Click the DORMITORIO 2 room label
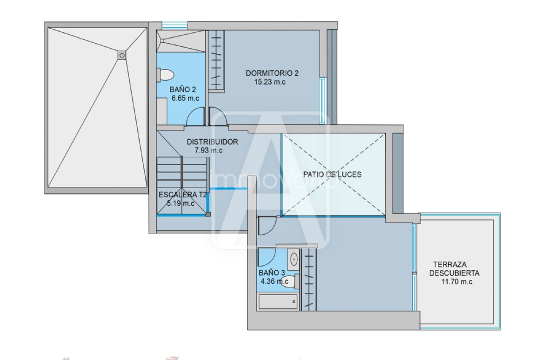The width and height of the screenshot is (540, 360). [272, 73]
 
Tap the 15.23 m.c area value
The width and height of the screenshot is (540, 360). [270, 82]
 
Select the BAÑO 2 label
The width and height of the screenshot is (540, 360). [182, 90]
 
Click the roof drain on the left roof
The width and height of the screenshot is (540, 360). [122, 56]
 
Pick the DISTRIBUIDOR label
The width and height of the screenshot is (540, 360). [213, 142]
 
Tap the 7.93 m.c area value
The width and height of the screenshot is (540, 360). [209, 150]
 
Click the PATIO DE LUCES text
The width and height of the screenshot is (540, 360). [332, 174]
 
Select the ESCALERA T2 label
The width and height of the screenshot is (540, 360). [183, 194]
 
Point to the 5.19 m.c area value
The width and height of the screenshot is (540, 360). [181, 203]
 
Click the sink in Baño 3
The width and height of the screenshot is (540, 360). [294, 260]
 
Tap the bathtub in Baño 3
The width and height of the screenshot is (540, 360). [278, 302]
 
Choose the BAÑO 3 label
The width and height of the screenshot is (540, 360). [272, 273]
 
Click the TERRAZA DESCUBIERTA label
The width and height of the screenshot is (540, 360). [454, 269]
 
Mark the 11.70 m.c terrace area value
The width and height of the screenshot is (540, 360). [457, 282]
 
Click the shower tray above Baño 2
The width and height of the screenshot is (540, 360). [181, 41]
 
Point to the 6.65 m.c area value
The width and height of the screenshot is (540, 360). [186, 98]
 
